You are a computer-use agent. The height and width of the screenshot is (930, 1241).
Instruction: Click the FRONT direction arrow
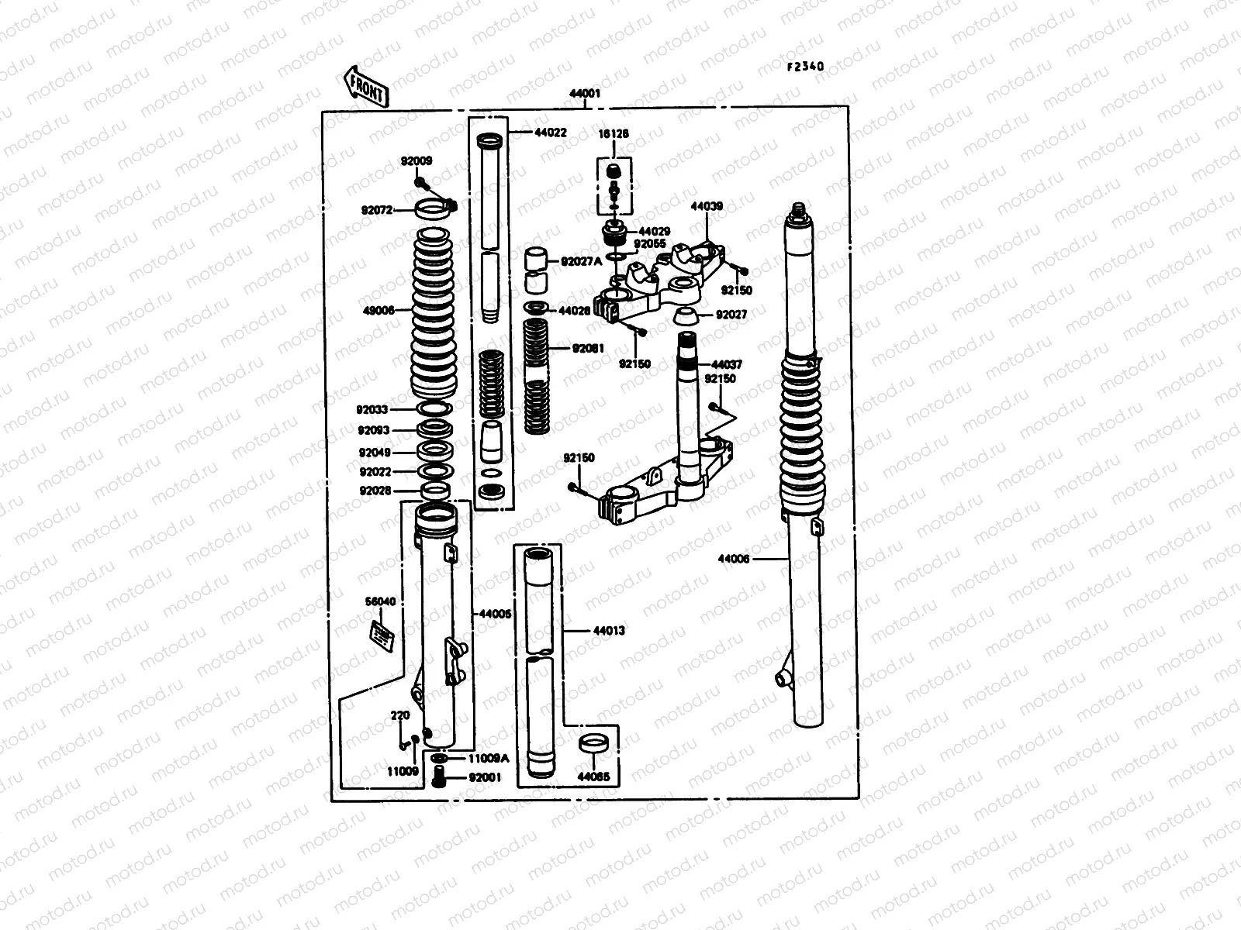click(365, 86)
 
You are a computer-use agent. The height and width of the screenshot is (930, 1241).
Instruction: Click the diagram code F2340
click(805, 67)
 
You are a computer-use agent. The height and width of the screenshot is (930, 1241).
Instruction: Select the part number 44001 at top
click(585, 95)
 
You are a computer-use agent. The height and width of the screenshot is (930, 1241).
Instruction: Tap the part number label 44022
click(550, 133)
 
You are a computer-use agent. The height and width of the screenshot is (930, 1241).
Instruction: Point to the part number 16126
click(614, 134)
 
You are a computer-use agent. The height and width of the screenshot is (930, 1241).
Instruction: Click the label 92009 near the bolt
click(417, 161)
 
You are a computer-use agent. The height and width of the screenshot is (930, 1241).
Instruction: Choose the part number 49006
click(378, 310)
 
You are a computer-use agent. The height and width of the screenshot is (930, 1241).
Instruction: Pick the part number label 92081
click(588, 349)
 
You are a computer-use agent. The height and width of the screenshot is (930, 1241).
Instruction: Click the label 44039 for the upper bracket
click(707, 207)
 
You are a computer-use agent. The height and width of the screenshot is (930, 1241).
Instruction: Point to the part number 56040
click(380, 601)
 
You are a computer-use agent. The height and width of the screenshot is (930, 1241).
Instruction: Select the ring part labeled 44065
click(593, 742)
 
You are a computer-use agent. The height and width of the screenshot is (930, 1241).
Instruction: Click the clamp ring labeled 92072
click(434, 208)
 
